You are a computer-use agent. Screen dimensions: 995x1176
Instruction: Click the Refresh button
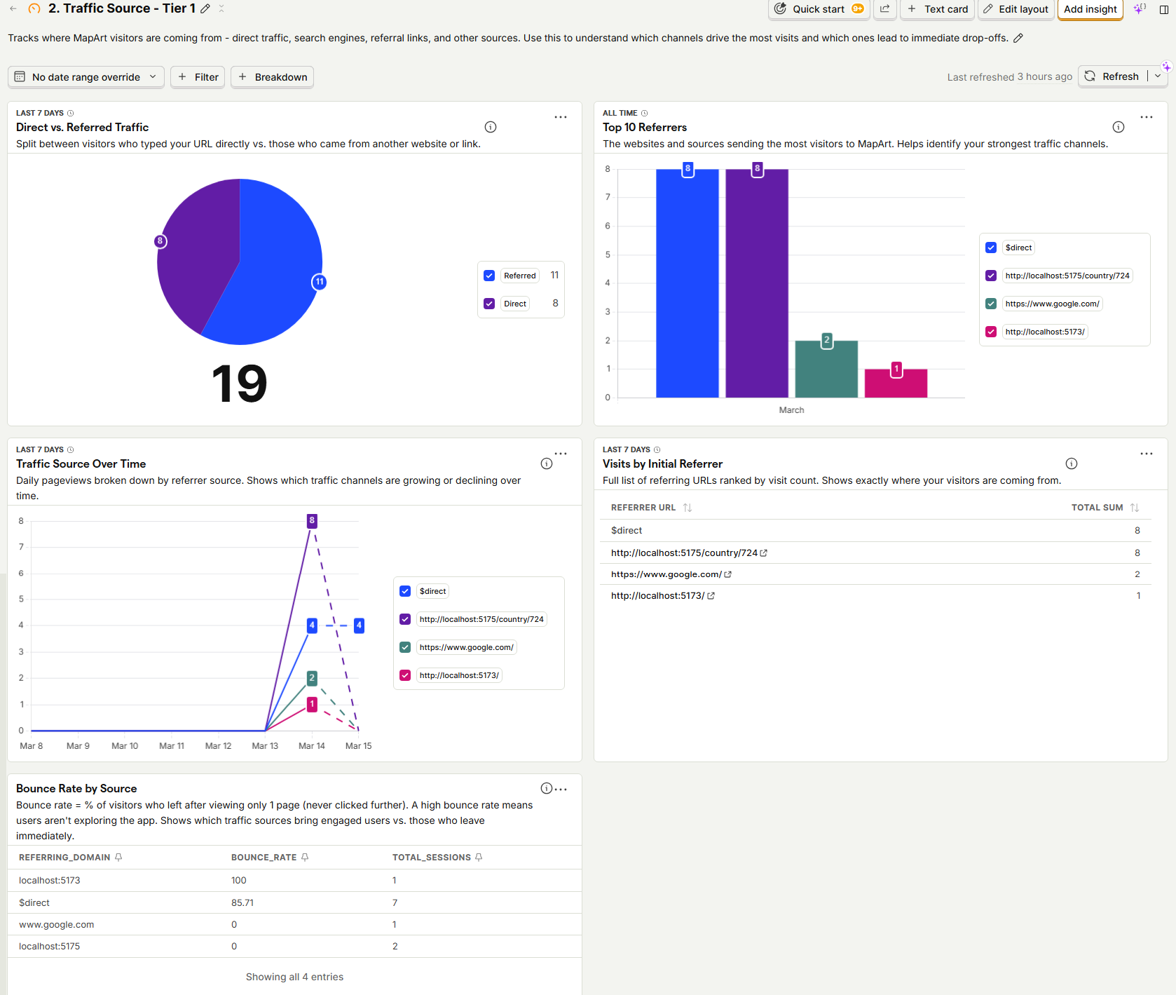[1113, 76]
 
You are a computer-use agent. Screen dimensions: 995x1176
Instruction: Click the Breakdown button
[273, 77]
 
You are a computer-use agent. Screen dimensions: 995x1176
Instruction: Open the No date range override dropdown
[86, 77]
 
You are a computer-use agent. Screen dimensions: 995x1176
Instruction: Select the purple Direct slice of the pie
[196, 252]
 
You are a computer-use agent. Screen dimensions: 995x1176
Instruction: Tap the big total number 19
[239, 384]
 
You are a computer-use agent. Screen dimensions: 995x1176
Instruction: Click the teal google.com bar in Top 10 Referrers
[826, 370]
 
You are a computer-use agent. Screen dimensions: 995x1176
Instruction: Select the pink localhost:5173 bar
[896, 384]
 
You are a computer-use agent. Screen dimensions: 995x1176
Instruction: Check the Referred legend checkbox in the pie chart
[489, 276]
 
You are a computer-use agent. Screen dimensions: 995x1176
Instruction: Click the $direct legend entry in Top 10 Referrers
[1018, 248]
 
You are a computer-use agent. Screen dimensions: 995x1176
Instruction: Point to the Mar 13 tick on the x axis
[265, 746]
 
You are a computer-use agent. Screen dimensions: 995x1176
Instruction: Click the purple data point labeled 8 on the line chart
[312, 520]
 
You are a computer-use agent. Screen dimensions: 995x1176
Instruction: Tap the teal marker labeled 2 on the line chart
[312, 677]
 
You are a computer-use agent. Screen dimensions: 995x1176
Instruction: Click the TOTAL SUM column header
[1097, 508]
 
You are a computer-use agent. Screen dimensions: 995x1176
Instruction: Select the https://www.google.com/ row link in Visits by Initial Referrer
[666, 574]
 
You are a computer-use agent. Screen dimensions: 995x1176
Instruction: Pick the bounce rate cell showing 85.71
[242, 902]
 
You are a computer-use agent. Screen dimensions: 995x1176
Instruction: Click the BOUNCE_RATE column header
[264, 858]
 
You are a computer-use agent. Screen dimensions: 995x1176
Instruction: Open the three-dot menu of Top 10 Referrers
[1146, 117]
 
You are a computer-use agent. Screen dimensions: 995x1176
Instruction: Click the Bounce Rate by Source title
[76, 789]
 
